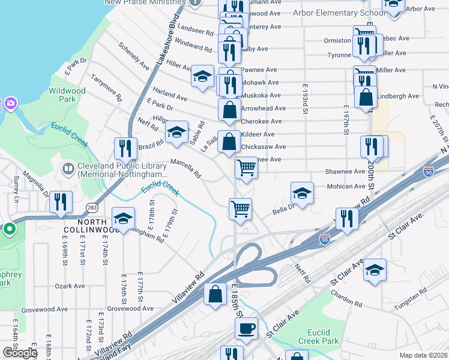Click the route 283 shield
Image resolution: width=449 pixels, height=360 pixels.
[x=92, y=208]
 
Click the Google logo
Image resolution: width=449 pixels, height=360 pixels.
[x=19, y=353]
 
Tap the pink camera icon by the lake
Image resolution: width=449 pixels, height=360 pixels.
[x=10, y=104]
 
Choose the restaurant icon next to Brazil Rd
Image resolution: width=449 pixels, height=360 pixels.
[x=125, y=148]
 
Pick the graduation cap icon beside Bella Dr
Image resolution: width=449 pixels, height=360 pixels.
[x=302, y=193]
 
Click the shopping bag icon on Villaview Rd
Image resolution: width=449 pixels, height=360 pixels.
[x=215, y=295]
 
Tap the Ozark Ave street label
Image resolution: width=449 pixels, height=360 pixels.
[x=67, y=286]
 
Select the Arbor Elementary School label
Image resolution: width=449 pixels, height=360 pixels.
[x=339, y=13]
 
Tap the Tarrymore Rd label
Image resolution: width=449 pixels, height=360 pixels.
[x=106, y=88]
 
